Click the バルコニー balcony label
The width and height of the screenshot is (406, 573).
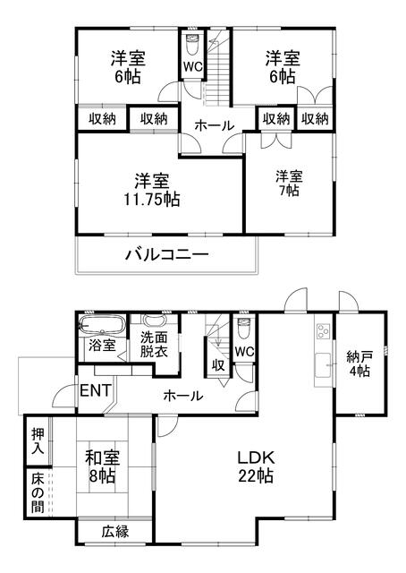point(167,254)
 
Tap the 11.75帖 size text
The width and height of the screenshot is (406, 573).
point(152,200)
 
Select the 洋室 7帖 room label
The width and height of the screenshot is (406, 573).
point(289,183)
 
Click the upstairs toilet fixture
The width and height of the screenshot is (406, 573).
point(192,44)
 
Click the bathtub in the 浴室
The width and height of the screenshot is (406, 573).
point(102,325)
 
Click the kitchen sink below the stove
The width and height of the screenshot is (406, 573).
point(323,365)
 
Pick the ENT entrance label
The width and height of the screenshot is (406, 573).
point(95,390)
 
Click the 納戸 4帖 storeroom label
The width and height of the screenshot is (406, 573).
point(359,363)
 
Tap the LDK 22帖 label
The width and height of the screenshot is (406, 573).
point(256,466)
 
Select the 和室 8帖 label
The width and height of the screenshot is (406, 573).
point(102,466)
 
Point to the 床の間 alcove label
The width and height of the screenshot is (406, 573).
point(38,492)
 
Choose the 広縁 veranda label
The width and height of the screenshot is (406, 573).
point(115,531)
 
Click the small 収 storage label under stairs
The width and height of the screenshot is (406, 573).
point(218,364)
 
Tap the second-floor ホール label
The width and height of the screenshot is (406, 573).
point(214,125)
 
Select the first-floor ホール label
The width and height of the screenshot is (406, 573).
point(183,395)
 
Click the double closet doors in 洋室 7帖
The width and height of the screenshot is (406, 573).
point(276,140)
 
